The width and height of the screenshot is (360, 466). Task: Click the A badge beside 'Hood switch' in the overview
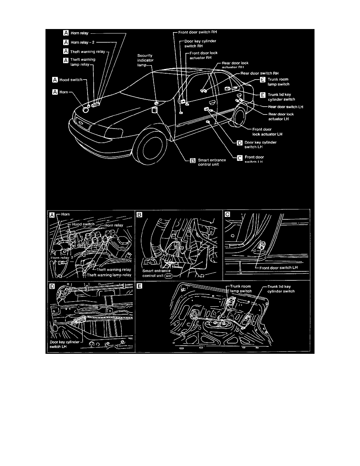tap(55, 80)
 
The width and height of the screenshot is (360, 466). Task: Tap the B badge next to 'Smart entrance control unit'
tap(193, 160)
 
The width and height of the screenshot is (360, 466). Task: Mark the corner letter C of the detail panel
tap(227, 214)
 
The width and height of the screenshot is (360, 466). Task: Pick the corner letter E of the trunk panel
tap(140, 286)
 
